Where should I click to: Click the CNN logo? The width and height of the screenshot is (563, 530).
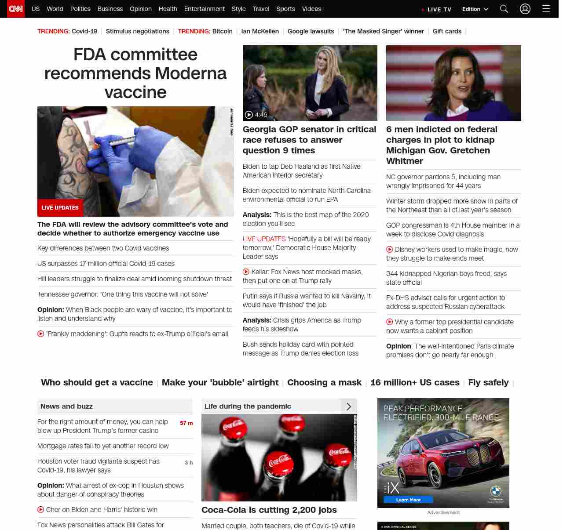point(16,9)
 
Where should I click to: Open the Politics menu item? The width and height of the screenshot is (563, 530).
point(80,9)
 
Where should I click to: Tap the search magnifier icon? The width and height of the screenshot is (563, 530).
point(504,9)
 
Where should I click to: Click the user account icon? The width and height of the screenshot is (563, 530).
point(525,9)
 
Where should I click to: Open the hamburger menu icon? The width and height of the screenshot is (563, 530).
point(546,9)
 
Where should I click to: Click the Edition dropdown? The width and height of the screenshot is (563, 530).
point(475,9)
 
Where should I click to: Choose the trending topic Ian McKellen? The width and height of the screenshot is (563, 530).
point(260,31)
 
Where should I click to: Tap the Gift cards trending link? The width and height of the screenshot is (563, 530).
point(447,31)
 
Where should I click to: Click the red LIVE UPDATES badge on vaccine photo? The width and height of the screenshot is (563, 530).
point(60,208)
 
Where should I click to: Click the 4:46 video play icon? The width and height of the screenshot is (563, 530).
point(249,115)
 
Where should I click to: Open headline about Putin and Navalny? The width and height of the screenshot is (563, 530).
point(307,301)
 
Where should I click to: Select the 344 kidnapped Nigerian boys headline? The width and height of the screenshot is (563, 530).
point(446,278)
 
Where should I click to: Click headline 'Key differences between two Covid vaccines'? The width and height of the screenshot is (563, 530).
point(103,248)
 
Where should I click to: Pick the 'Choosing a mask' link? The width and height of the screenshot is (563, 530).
point(324,382)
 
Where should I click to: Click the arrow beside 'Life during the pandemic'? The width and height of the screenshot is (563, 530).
point(349,407)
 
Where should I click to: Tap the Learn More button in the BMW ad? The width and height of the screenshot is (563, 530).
point(408,500)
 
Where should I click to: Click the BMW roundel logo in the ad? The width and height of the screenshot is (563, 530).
point(496,491)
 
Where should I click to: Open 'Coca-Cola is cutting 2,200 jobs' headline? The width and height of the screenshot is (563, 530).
point(269,510)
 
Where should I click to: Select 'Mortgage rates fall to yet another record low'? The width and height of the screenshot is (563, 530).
point(103,446)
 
